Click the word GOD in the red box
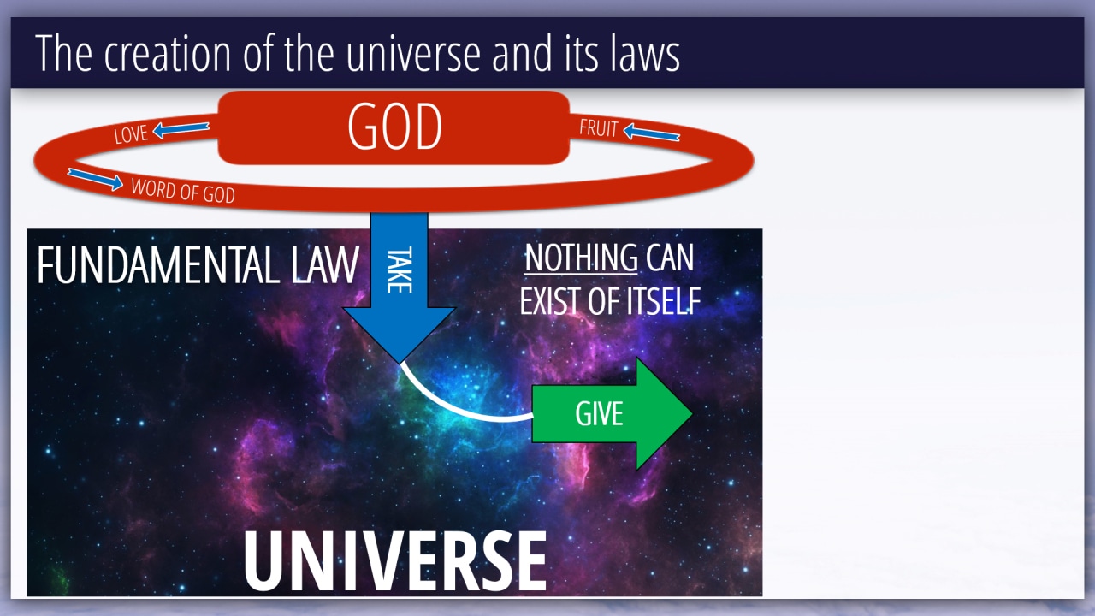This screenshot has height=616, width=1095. [x=395, y=126]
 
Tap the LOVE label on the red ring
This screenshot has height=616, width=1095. [x=131, y=134]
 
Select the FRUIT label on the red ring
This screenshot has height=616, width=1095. [x=599, y=128]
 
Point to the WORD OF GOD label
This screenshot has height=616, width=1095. [x=183, y=191]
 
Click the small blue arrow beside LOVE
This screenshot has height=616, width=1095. [x=181, y=129]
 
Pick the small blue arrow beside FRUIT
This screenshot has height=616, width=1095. [x=652, y=132]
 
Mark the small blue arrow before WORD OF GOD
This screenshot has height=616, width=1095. [x=95, y=179]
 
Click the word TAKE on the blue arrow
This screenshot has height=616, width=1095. [x=400, y=269]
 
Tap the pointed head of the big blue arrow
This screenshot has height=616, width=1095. [x=400, y=363]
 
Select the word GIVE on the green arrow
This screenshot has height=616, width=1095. [x=599, y=413]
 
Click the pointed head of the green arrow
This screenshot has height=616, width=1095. [x=692, y=413]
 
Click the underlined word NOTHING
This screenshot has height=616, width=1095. [x=581, y=258]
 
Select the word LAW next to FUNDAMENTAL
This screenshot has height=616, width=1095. [x=325, y=265]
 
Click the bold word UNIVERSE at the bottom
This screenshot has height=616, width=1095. [x=395, y=561]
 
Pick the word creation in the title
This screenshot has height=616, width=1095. [x=167, y=53]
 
